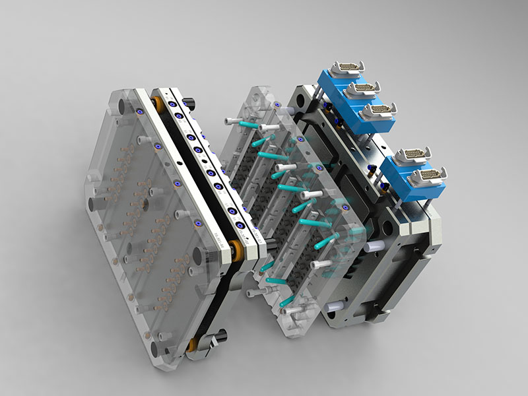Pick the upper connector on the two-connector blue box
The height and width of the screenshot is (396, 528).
(x=412, y=156)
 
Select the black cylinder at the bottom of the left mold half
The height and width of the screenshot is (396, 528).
(x=221, y=335)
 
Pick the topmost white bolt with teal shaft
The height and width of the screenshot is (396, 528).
(x=233, y=121)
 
